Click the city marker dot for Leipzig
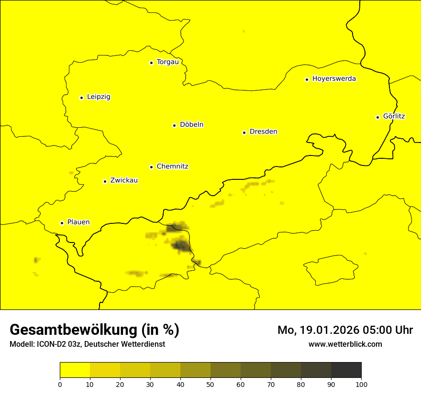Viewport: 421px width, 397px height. point(81,98)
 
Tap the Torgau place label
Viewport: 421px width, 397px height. point(167,62)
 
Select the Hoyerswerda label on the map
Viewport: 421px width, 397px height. point(334,78)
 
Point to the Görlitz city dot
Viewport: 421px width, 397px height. point(377,117)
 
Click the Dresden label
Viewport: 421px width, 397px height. point(263,132)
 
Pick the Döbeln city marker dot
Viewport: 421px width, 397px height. point(174,125)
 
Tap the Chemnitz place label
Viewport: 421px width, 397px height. point(172,166)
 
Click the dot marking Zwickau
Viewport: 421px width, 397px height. point(105,181)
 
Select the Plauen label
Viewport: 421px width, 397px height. point(78,222)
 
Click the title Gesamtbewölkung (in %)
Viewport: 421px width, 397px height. point(94,330)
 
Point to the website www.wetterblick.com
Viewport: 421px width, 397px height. point(345,344)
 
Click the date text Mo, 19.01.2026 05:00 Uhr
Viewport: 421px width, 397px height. point(345,330)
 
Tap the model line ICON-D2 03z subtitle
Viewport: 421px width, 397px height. point(87,344)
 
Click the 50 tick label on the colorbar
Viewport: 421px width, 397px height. point(210,384)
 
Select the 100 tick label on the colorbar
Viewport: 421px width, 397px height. point(361,384)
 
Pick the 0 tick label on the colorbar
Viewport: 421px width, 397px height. point(60,384)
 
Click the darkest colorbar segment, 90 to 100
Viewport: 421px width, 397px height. point(346,370)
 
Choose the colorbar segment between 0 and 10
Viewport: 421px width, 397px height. point(75,370)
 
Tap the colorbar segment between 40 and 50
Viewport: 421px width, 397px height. point(195,370)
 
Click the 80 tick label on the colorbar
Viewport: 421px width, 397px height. point(301,384)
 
